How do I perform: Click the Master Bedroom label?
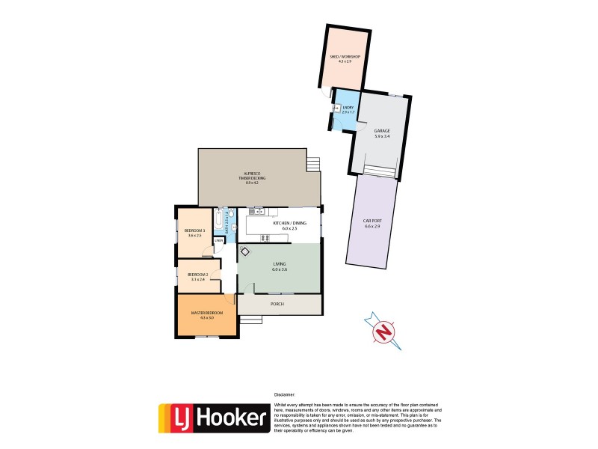[x=202, y=314]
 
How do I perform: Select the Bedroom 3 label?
[x=194, y=233]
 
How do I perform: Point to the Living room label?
[x=279, y=266]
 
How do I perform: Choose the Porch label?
[x=278, y=304]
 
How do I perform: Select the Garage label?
[x=382, y=133]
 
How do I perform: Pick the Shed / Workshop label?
[x=345, y=58]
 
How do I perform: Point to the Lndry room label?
[x=347, y=109]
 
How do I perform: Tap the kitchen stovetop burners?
[x=265, y=238]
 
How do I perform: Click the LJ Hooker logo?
[x=213, y=418]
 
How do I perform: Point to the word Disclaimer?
[x=284, y=394]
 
